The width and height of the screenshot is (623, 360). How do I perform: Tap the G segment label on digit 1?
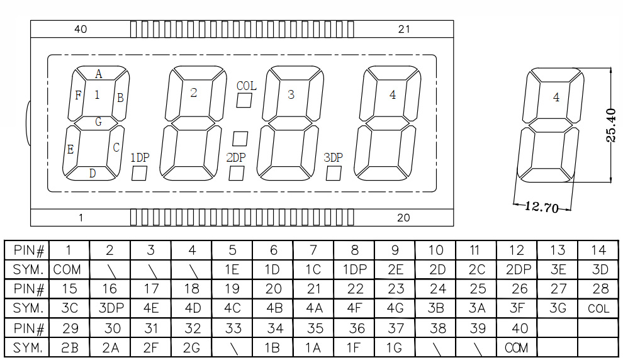tap(99, 122)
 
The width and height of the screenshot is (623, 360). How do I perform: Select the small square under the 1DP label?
tap(139, 173)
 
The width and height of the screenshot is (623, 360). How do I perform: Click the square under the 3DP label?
tap(334, 173)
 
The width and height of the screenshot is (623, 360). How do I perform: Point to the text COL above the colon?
tap(246, 86)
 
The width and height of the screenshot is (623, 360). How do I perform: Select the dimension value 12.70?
tap(542, 207)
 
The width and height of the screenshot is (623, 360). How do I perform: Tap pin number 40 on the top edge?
tap(81, 29)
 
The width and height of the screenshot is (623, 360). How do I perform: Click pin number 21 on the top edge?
tap(404, 29)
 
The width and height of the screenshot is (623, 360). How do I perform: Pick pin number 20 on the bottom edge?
tap(403, 218)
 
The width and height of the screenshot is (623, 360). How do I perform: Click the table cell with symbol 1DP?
tap(354, 270)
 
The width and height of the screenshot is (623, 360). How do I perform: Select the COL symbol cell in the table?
tap(598, 308)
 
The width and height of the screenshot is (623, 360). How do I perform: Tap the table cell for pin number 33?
tap(232, 328)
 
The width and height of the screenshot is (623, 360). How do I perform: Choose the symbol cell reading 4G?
tap(395, 308)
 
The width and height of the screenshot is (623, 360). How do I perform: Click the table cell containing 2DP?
tap(517, 270)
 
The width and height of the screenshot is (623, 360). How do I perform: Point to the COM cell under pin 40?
tap(517, 347)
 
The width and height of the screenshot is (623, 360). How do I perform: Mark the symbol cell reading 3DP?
tap(110, 308)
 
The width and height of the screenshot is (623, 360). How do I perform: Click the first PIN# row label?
tap(27, 250)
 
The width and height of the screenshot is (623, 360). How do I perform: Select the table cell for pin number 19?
tap(232, 289)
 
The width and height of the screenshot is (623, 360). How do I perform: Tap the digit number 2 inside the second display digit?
tap(193, 93)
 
